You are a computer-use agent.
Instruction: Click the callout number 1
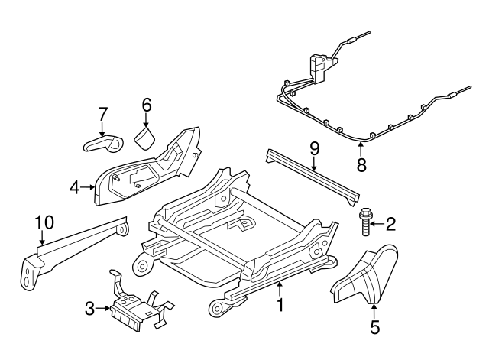pyautogui.click(x=280, y=306)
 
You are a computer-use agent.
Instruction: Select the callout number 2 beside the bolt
pyautogui.click(x=390, y=224)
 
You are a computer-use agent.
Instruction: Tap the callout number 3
pyautogui.click(x=90, y=309)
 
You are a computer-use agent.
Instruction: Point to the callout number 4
pyautogui.click(x=74, y=186)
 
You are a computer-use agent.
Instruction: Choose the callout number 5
pyautogui.click(x=374, y=328)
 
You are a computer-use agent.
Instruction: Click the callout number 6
pyautogui.click(x=146, y=105)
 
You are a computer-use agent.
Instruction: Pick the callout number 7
pyautogui.click(x=102, y=115)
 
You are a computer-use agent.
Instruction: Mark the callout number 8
pyautogui.click(x=362, y=164)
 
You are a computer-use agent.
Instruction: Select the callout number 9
pyautogui.click(x=313, y=145)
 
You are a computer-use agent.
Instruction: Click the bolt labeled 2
pyautogui.click(x=364, y=223)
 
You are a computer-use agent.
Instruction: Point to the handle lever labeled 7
pyautogui.click(x=103, y=142)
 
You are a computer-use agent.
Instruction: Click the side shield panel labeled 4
pyautogui.click(x=145, y=172)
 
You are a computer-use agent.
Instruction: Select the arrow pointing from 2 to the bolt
pyautogui.click(x=377, y=224)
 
